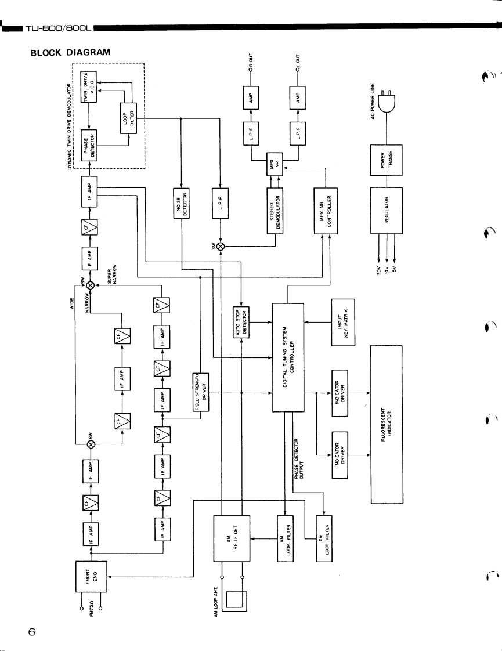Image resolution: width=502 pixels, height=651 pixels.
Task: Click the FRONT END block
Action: pyautogui.click(x=91, y=577)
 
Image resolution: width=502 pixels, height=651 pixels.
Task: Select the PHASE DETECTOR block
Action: pyautogui.click(x=89, y=146)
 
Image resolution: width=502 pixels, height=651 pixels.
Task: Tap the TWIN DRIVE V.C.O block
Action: pyautogui.click(x=89, y=87)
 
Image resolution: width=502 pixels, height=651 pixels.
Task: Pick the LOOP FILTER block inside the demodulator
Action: pyautogui.click(x=128, y=118)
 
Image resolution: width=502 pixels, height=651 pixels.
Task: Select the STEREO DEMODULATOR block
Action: pyautogui.click(x=275, y=211)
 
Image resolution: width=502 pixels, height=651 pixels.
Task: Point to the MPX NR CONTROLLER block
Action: pyautogui.click(x=326, y=211)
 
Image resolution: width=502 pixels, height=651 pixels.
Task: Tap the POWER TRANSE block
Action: pyautogui.click(x=386, y=160)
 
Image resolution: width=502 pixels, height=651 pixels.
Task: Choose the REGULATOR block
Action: pyautogui.click(x=386, y=211)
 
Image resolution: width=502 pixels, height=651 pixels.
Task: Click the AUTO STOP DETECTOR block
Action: pyautogui.click(x=241, y=323)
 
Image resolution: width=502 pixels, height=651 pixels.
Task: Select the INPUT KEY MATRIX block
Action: pyautogui.click(x=343, y=322)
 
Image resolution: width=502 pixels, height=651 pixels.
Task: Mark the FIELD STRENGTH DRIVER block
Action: pyautogui.click(x=201, y=392)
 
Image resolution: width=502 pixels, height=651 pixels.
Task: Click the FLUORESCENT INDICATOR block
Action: pyautogui.click(x=386, y=424)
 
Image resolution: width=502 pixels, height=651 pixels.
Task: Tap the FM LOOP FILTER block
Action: pyautogui.click(x=324, y=538)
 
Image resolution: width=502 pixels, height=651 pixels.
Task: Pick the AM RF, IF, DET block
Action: pyautogui.click(x=232, y=538)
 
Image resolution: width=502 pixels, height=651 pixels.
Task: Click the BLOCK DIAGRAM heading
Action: pyautogui.click(x=71, y=53)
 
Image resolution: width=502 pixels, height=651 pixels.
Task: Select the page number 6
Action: pyautogui.click(x=32, y=632)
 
